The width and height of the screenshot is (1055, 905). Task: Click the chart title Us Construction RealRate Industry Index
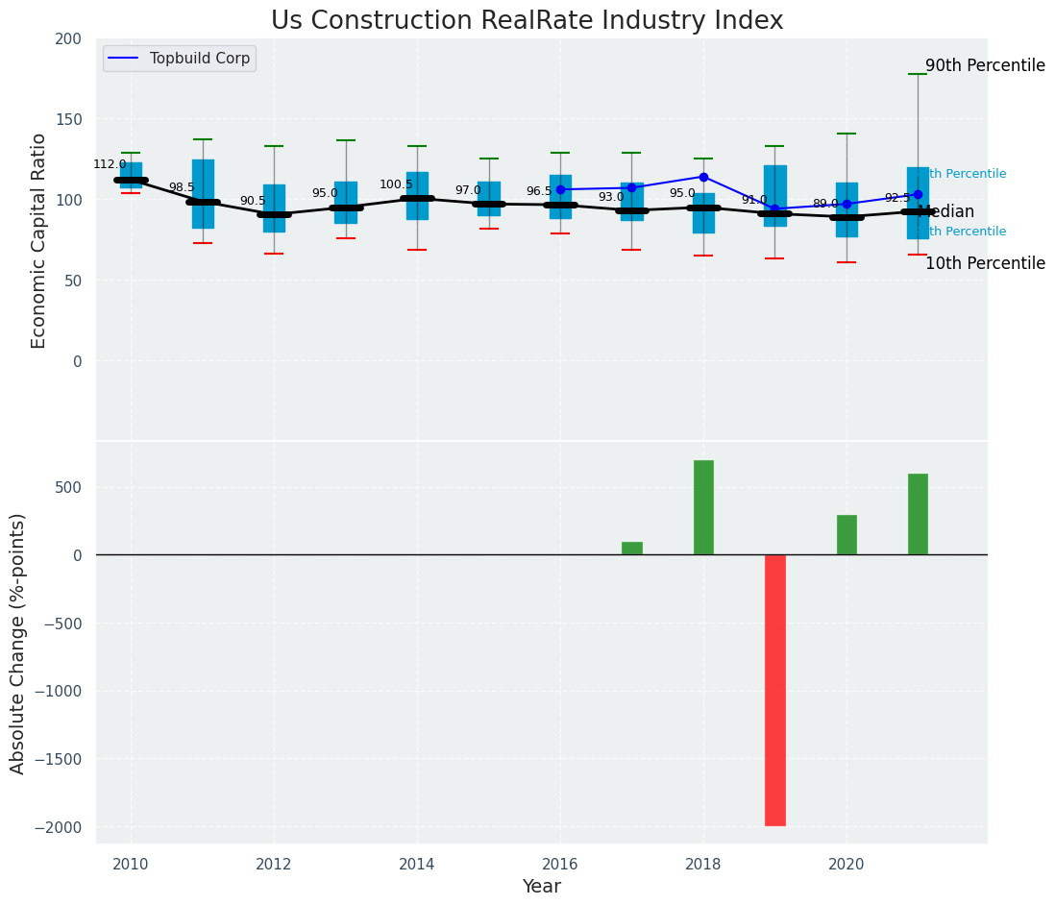click(527, 21)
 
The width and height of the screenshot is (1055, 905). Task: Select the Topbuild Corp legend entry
click(199, 59)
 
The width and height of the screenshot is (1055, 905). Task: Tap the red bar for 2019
click(775, 690)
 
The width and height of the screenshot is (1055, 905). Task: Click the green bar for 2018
click(703, 507)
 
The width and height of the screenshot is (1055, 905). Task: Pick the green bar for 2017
click(632, 549)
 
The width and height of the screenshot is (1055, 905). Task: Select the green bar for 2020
click(846, 535)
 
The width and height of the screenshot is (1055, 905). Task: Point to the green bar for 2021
click(918, 514)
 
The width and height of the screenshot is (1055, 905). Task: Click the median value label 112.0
click(110, 164)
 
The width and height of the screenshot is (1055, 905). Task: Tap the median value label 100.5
click(396, 184)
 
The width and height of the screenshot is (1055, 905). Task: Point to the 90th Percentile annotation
click(985, 66)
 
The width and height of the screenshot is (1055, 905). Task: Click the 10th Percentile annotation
click(985, 263)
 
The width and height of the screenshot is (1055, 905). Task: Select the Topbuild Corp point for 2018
click(703, 177)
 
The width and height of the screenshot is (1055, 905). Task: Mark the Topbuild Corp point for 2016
click(560, 189)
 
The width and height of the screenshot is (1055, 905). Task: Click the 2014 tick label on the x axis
click(417, 865)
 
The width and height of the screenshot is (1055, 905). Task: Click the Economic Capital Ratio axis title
click(39, 240)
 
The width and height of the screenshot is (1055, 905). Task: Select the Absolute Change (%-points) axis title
click(18, 643)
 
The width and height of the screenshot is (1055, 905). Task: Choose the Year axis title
click(542, 887)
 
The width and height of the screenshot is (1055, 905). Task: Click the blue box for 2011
click(203, 194)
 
